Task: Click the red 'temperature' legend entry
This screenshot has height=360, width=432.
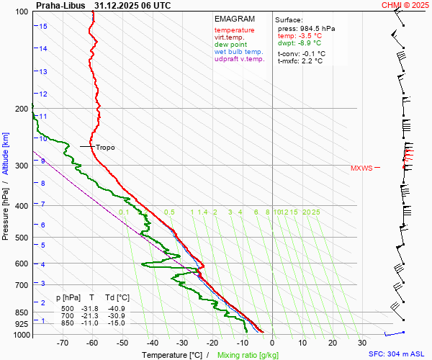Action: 234,30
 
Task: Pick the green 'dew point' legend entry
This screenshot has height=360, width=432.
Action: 230,45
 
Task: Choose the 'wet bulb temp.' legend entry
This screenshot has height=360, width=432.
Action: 238,52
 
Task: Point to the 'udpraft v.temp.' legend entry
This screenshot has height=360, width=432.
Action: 239,59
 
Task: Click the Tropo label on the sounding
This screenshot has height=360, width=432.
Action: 105,148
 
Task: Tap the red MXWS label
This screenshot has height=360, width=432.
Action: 361,168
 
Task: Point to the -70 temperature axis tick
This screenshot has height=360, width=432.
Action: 63,343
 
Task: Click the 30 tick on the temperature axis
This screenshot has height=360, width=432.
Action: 362,343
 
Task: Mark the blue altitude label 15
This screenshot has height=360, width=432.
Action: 43,27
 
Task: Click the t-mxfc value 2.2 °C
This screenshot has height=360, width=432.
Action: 315,61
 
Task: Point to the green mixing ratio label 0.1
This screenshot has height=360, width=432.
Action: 124,212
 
